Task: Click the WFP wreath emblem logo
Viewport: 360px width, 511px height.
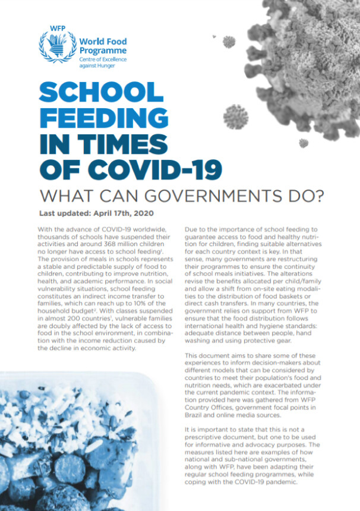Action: pyautogui.click(x=58, y=46)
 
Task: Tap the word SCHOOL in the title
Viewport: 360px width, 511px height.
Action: pyautogui.click(x=101, y=92)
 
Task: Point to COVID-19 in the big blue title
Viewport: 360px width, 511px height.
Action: pyautogui.click(x=170, y=169)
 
